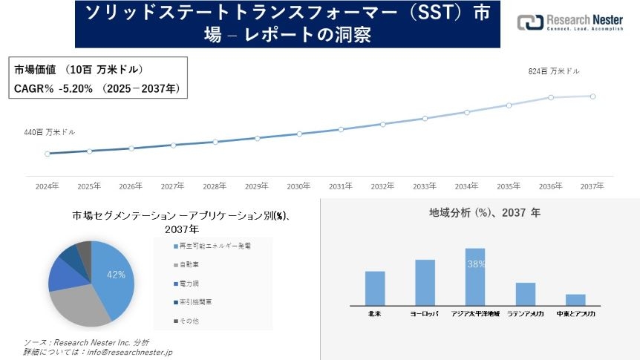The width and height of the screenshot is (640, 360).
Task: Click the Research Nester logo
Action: click(569, 22)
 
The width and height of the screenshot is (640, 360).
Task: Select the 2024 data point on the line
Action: click(48, 154)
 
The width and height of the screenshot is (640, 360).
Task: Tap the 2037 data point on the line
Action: click(592, 96)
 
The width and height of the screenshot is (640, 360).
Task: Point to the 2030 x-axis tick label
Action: click(298, 186)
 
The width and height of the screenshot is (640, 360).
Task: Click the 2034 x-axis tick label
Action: click(466, 186)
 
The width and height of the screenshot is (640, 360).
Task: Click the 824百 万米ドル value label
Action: click(553, 71)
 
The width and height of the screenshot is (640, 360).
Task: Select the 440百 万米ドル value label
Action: click(50, 132)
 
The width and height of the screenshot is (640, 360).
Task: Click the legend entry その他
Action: click(188, 321)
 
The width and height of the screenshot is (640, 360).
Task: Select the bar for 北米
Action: click(375, 288)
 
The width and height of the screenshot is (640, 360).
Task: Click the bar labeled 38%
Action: click(475, 276)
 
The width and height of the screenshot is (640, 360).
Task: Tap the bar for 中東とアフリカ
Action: click(575, 299)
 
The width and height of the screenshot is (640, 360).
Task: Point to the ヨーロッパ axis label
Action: click(425, 314)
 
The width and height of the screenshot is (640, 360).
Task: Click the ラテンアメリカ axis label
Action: click(526, 314)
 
